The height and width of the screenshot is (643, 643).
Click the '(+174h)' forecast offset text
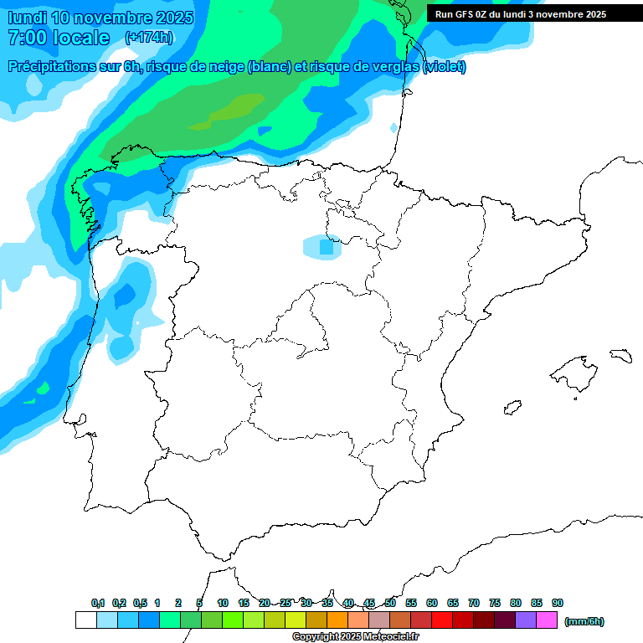coord(148,37)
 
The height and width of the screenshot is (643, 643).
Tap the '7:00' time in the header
coord(26,38)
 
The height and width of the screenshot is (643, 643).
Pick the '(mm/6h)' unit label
coord(584,621)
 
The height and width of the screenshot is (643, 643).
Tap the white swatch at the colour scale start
coord(85,620)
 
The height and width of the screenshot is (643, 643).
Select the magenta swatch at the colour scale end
coord(547,620)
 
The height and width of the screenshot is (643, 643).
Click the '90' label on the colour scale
coord(558,603)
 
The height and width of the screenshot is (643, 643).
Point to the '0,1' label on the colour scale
coord(98,603)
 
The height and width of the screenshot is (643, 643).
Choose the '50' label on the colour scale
coord(390,603)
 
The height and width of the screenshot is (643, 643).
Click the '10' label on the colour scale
coord(223,603)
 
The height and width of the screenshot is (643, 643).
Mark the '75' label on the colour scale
coord(495,603)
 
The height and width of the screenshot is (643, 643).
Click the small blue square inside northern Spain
coord(326,247)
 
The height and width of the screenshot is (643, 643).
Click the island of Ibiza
coord(511,408)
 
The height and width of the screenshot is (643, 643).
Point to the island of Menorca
coord(620,356)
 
